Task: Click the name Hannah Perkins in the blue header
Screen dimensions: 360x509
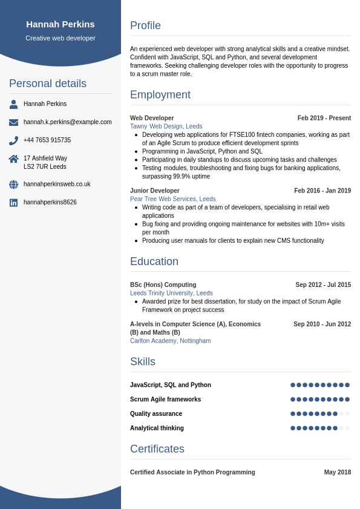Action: (x=61, y=24)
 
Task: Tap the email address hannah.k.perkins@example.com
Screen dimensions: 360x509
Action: (x=68, y=122)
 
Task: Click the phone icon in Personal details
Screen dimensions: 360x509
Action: (x=13, y=140)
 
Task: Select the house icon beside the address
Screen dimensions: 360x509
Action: (x=13, y=159)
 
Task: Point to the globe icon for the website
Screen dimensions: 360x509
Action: (x=13, y=185)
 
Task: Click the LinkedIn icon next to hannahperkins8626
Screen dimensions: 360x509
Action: (x=13, y=203)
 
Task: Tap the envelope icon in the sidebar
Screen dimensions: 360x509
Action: (x=13, y=122)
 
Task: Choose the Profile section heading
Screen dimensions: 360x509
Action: (x=145, y=25)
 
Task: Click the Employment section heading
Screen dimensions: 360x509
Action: (x=160, y=95)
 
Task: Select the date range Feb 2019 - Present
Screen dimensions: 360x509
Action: (x=324, y=118)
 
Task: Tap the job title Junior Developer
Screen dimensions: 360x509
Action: (x=155, y=191)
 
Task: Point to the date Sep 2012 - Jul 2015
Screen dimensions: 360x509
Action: (x=323, y=284)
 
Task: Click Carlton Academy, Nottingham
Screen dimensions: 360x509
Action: (x=171, y=341)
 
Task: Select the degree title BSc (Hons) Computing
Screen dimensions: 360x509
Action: (x=163, y=284)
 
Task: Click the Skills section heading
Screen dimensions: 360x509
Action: (x=143, y=362)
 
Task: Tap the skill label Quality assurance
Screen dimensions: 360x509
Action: (x=156, y=414)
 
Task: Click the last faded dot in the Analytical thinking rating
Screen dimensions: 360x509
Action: (x=347, y=428)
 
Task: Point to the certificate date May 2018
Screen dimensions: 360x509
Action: (x=338, y=472)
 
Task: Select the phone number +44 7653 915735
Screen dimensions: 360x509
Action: (x=47, y=140)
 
